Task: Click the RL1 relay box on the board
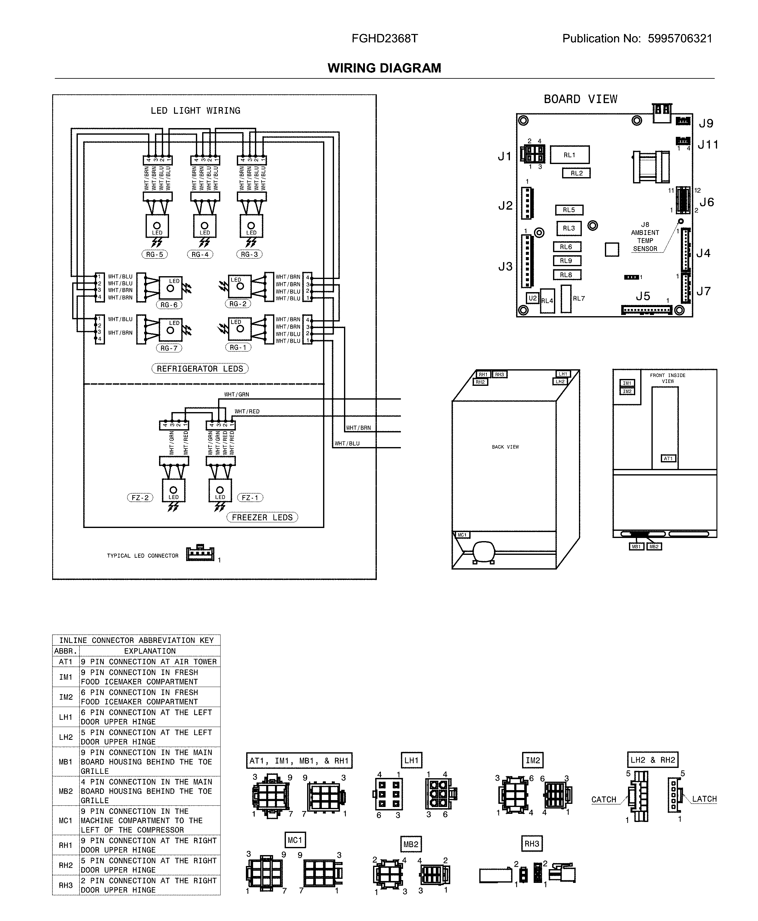(x=569, y=155)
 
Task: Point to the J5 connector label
(x=643, y=296)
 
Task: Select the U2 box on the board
(x=532, y=298)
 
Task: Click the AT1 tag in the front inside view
(x=668, y=458)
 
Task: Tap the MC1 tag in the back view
(x=462, y=535)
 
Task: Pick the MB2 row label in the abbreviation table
(x=66, y=791)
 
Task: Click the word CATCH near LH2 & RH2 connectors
(x=603, y=799)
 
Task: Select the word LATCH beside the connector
(x=704, y=799)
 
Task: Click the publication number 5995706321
(x=680, y=38)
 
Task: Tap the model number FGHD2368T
(x=385, y=38)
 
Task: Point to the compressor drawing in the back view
(x=483, y=551)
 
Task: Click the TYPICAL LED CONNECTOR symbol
(x=200, y=554)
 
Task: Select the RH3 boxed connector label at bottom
(x=532, y=844)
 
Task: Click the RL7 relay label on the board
(x=579, y=299)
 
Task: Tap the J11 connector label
(x=708, y=144)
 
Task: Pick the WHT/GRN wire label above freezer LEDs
(x=237, y=394)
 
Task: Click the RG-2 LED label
(x=238, y=304)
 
